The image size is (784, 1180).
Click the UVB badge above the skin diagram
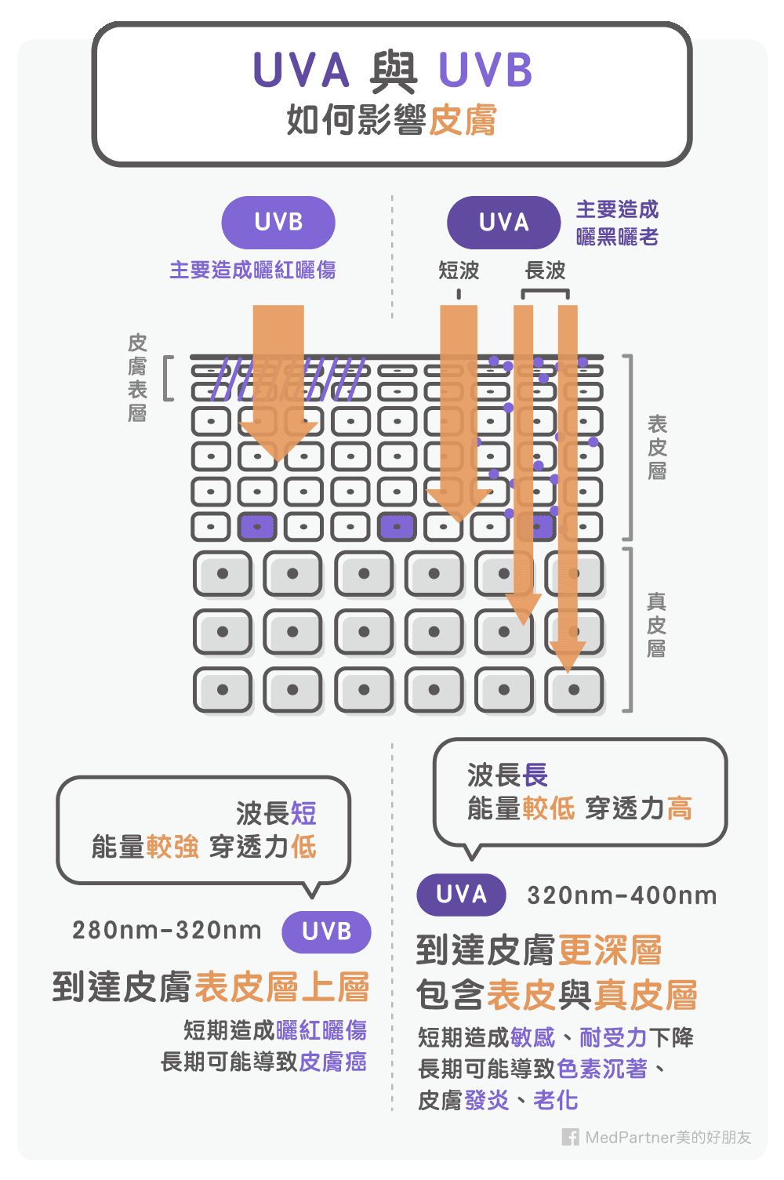(278, 223)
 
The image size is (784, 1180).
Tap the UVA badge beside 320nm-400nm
(461, 895)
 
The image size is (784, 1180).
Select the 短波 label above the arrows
(459, 270)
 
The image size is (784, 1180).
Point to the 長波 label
(546, 270)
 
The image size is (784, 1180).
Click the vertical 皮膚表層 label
(137, 378)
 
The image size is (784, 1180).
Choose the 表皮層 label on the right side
(657, 447)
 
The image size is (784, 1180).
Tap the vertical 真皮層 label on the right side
(657, 625)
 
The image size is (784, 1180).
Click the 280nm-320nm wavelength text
(166, 930)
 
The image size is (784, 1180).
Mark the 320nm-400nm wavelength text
(622, 895)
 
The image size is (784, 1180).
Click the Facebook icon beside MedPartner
(571, 1137)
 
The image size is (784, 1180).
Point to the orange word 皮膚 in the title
(463, 121)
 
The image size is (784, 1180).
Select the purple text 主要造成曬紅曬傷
(252, 270)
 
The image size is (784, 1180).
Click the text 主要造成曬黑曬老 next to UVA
(617, 223)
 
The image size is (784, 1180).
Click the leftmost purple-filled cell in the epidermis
(257, 527)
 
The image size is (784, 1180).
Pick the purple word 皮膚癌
(332, 1062)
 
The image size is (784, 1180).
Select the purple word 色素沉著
(602, 1069)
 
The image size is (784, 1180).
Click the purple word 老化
(556, 1100)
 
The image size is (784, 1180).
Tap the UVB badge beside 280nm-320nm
(326, 931)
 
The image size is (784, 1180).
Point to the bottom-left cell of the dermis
(223, 690)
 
